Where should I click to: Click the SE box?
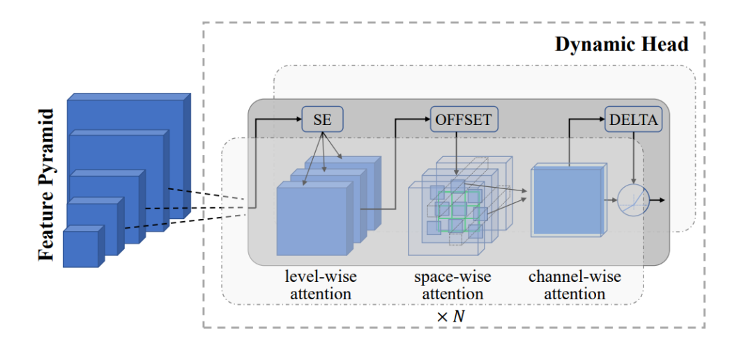coord(322,120)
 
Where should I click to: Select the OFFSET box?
coord(464,120)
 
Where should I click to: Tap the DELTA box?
coord(632,120)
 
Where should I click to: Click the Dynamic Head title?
coord(621,45)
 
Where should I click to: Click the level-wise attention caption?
coord(318,285)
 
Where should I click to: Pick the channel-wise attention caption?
coord(575,285)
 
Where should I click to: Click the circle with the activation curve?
coord(633,201)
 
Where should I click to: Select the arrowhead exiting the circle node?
coord(660,201)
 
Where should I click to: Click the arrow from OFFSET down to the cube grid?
coord(456,153)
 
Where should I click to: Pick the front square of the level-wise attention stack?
coord(312,218)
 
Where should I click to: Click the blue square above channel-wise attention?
coord(567,201)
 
